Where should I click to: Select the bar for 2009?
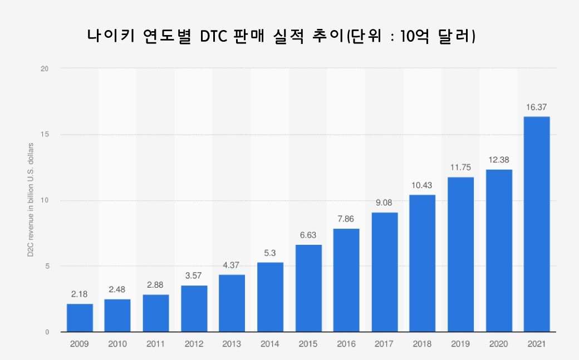click(x=80, y=318)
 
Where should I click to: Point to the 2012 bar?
click(x=194, y=309)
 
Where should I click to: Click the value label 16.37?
click(x=537, y=107)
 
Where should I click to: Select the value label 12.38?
click(x=499, y=160)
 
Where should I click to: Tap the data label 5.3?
click(x=270, y=253)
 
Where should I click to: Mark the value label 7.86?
click(x=346, y=219)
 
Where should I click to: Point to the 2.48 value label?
click(x=117, y=289)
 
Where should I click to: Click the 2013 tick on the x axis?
click(x=232, y=344)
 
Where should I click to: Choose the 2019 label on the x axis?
click(x=460, y=344)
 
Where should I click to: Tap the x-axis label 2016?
click(x=346, y=344)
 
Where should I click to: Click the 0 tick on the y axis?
click(x=47, y=332)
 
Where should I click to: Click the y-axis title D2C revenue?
click(x=31, y=200)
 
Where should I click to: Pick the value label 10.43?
click(x=423, y=185)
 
